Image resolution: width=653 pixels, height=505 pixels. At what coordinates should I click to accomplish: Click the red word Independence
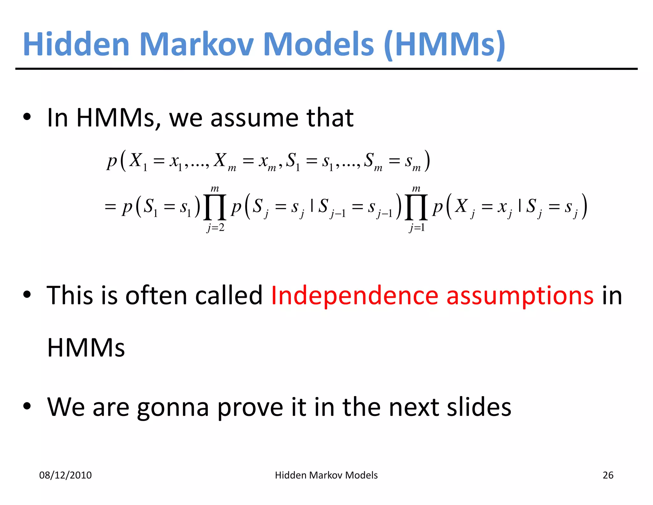(354, 295)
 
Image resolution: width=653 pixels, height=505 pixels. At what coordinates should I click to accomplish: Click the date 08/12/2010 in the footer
(65, 475)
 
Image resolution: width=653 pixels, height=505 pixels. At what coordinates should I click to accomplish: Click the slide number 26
(608, 475)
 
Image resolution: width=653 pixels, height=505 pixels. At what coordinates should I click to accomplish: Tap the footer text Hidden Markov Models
(326, 475)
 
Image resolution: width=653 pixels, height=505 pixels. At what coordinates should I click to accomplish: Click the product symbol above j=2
(215, 207)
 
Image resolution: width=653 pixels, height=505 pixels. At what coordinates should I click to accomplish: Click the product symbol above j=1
(416, 207)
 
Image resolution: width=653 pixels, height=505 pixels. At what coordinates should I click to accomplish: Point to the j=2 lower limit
(216, 228)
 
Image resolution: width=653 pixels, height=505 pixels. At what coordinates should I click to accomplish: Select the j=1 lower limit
(417, 228)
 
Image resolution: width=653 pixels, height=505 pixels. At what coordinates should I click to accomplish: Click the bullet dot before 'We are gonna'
(27, 406)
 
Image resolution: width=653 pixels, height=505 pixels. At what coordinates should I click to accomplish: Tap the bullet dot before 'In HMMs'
(27, 117)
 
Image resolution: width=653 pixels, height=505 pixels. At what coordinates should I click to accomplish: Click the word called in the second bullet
(229, 295)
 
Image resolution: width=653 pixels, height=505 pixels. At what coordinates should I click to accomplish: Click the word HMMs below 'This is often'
(86, 348)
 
